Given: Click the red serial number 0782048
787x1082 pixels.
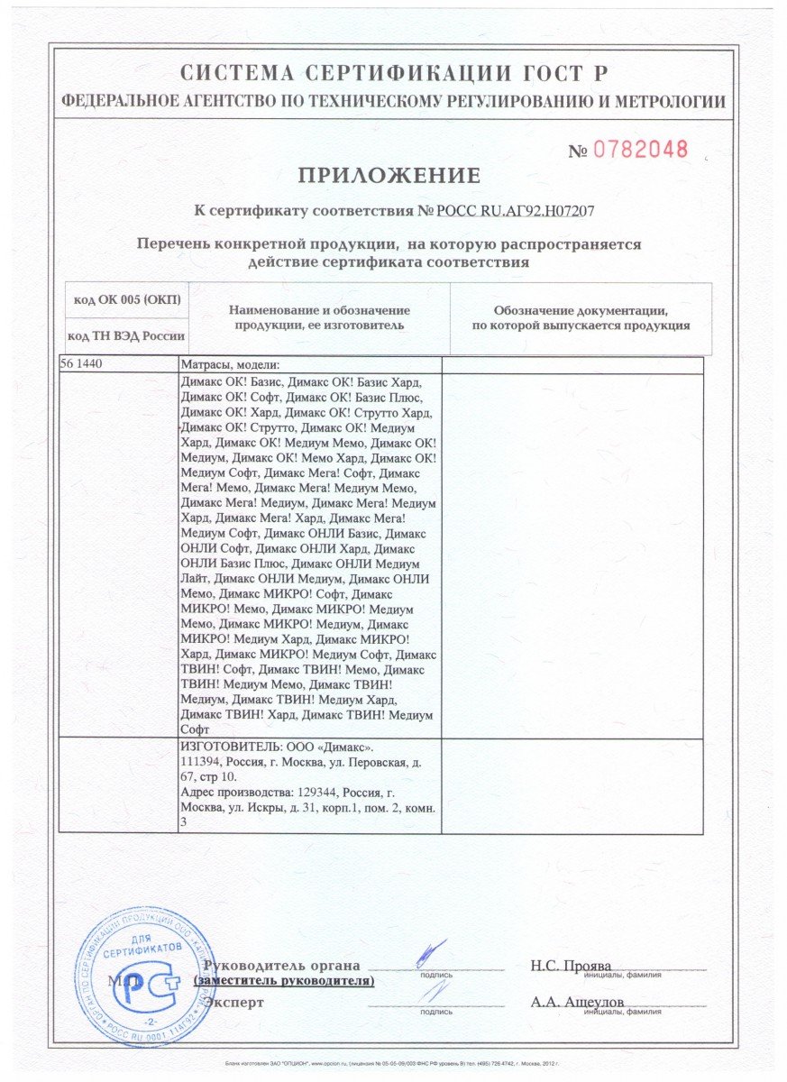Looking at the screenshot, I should tap(639, 149).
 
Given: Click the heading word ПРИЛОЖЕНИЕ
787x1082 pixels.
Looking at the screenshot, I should tap(389, 175).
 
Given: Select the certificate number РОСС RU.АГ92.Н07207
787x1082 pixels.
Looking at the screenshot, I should tap(516, 211).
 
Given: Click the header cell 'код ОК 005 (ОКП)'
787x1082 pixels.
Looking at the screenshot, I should tap(124, 299).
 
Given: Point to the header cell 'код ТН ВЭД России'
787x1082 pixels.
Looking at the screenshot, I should tap(126, 336).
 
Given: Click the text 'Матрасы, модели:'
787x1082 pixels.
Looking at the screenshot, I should tap(231, 365).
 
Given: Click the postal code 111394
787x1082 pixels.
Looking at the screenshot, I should tap(202, 762).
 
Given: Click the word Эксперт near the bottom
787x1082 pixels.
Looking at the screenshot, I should tap(234, 1002).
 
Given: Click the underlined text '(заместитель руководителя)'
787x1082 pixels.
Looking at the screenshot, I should tap(284, 980).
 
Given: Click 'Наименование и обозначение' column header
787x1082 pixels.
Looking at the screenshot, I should tap(321, 310).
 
